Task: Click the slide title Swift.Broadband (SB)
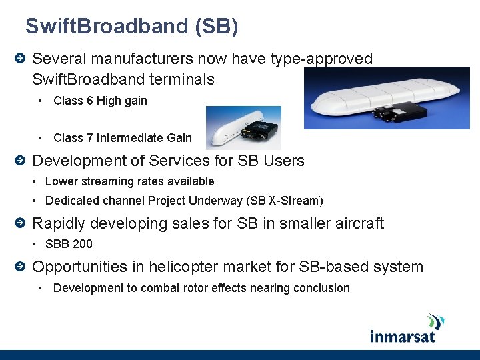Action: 131,27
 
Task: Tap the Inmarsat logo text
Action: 403,335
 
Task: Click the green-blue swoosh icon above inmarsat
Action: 436,321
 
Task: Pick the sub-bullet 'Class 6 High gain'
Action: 100,101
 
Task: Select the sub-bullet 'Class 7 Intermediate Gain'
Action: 122,138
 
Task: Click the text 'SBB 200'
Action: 69,244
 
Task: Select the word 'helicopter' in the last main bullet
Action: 183,267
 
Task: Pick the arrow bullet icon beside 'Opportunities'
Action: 21,267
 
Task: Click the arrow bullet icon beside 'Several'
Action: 21,59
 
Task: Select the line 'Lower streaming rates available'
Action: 129,181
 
